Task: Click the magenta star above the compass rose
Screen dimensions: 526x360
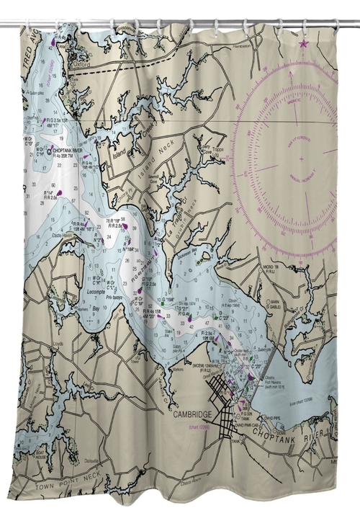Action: pos(302,45)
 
